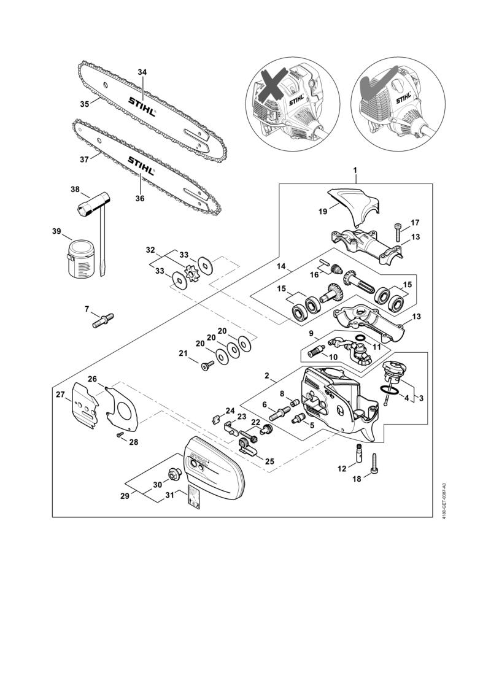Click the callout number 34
point(142,72)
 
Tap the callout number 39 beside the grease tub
point(56,231)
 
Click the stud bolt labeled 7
point(103,320)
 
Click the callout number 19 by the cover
point(323,212)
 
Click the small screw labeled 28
point(120,434)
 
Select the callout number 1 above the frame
point(355,169)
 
